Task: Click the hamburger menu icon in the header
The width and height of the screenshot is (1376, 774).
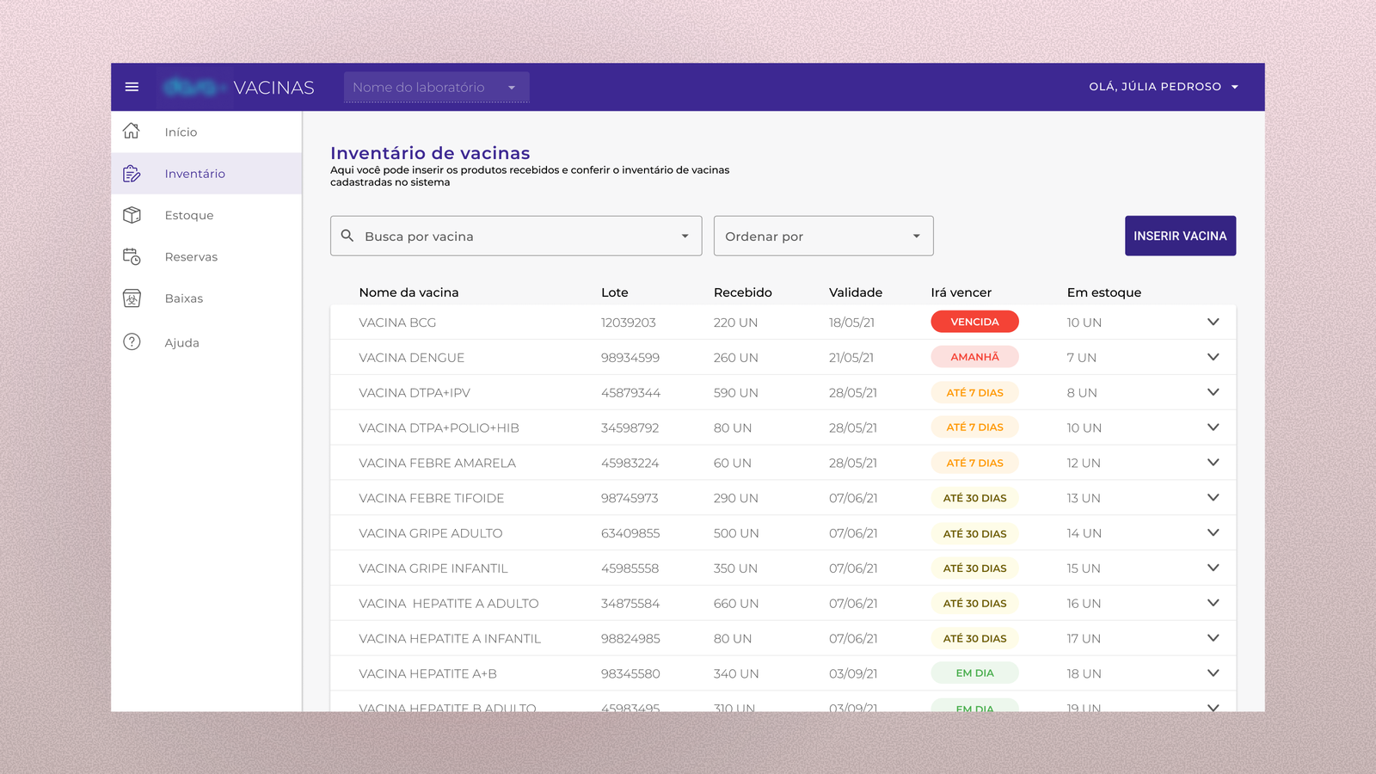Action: [x=132, y=87]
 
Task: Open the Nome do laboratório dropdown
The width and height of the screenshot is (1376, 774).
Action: [x=436, y=87]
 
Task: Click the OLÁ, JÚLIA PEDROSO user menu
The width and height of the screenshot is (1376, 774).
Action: [x=1163, y=87]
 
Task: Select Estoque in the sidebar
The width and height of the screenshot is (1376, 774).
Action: [x=189, y=215]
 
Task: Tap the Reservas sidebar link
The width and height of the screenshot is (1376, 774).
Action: [x=191, y=257]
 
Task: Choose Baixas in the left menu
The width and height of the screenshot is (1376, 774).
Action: [x=184, y=298]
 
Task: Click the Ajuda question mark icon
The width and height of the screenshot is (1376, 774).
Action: [x=132, y=342]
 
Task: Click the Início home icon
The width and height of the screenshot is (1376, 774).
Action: [x=132, y=132]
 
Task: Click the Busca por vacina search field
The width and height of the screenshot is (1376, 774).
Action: [x=516, y=236]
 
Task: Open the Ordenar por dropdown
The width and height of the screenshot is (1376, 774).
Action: [x=823, y=236]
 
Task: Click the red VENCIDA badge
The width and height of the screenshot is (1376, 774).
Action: [x=974, y=322]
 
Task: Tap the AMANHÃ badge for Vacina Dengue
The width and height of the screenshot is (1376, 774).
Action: [x=974, y=357]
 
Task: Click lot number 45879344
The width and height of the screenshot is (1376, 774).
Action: [x=630, y=393]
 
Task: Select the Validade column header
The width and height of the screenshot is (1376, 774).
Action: [x=855, y=292]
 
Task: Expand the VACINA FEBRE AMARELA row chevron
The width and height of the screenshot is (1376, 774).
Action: [x=1213, y=463]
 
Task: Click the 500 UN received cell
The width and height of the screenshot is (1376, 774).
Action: [x=735, y=533]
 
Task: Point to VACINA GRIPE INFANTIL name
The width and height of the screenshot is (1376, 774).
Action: [x=433, y=568]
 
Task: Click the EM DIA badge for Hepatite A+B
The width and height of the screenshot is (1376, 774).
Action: [x=974, y=673]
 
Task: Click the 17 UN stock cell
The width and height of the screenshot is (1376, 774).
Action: [x=1084, y=639]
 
